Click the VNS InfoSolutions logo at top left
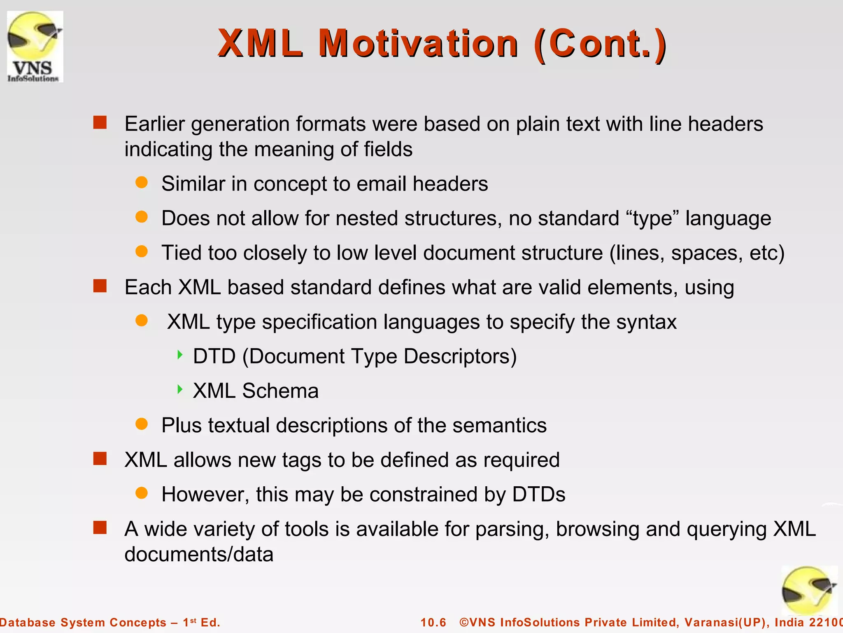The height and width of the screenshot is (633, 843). pyautogui.click(x=35, y=46)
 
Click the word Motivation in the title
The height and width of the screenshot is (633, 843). pyautogui.click(x=418, y=44)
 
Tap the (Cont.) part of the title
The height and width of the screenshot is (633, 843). pyautogui.click(x=600, y=44)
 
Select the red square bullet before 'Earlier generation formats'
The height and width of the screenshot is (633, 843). pyautogui.click(x=100, y=123)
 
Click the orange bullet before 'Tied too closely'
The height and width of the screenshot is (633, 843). pyautogui.click(x=142, y=251)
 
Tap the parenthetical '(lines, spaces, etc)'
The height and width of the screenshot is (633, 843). pyautogui.click(x=697, y=253)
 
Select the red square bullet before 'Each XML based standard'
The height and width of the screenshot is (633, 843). pyautogui.click(x=100, y=286)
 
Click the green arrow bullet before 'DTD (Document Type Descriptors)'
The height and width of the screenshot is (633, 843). pyautogui.click(x=179, y=355)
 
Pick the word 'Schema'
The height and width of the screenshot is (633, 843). pyautogui.click(x=280, y=391)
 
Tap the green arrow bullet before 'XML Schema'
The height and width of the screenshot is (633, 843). pyautogui.click(x=179, y=389)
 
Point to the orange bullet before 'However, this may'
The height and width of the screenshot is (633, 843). pyautogui.click(x=142, y=493)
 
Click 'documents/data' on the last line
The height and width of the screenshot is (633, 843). pyautogui.click(x=199, y=554)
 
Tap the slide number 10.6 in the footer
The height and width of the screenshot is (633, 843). pyautogui.click(x=433, y=622)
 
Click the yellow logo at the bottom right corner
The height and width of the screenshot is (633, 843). pyautogui.click(x=809, y=590)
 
